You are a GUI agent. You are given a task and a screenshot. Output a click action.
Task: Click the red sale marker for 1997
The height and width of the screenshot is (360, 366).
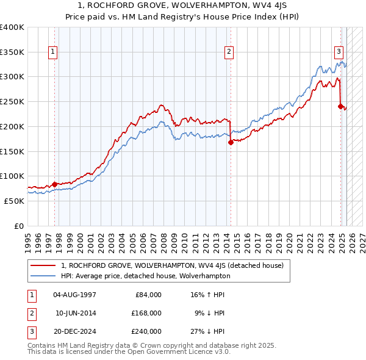(x=54, y=184)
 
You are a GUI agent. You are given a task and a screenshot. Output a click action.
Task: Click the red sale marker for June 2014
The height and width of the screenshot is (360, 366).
(x=231, y=142)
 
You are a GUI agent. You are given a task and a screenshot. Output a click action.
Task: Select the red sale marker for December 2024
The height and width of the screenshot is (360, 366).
(x=340, y=106)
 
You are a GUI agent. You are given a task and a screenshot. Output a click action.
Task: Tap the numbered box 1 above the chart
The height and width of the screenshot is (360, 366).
(x=54, y=52)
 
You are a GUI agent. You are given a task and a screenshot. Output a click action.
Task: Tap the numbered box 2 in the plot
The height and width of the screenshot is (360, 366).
(x=229, y=52)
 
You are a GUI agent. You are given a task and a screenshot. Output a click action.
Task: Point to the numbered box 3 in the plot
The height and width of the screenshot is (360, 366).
(x=338, y=52)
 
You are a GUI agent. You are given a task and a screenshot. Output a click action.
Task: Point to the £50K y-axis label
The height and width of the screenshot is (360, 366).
(x=15, y=201)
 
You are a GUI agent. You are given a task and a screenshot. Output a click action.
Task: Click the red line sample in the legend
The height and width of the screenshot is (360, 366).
(x=43, y=265)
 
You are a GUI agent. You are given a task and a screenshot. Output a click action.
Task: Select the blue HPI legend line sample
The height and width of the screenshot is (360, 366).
(x=43, y=276)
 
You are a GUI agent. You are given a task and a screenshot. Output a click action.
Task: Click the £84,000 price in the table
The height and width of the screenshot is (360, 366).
(x=148, y=295)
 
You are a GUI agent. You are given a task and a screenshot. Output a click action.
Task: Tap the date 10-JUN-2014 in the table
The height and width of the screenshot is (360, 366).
(x=75, y=313)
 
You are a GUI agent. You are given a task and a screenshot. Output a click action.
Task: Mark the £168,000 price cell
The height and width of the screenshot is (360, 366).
(x=146, y=313)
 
